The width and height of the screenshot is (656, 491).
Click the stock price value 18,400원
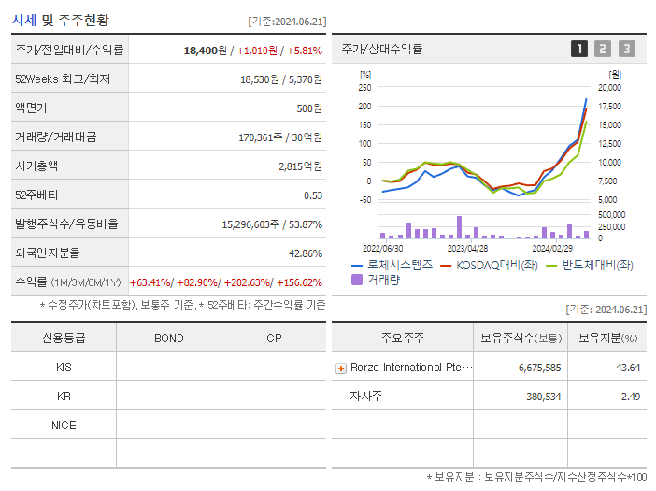206,50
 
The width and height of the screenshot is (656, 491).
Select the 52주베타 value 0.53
313,195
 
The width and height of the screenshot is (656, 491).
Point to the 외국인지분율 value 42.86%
306,253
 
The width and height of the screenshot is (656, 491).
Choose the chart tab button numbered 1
579,49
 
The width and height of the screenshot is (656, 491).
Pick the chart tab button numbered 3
626,49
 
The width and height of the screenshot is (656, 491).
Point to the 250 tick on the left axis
364,87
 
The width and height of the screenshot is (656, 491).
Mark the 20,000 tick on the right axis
609,87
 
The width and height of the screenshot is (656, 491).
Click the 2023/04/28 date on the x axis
468,249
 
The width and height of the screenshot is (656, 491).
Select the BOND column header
168,338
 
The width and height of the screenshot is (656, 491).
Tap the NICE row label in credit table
64,426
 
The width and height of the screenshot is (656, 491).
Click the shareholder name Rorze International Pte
411,368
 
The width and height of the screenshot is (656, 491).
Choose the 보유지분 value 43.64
628,368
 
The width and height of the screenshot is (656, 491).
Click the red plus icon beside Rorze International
341,368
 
